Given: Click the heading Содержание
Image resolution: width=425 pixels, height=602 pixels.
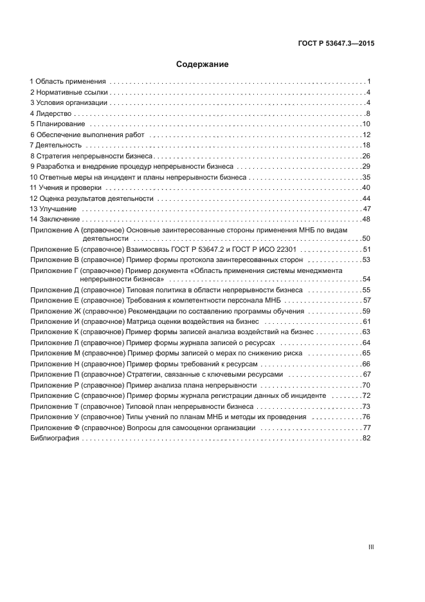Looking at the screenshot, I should (x=203, y=65).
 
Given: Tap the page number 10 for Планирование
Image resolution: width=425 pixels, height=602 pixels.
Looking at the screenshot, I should (x=366, y=124).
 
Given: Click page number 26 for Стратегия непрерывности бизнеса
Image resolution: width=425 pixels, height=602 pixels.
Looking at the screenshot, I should (x=366, y=156).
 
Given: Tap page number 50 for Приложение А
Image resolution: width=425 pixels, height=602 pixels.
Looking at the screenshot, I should (x=366, y=238).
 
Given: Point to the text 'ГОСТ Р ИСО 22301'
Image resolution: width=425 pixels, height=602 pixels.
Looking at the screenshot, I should (x=265, y=249).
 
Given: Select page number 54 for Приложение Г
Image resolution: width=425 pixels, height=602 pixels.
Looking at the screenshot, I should (x=366, y=279).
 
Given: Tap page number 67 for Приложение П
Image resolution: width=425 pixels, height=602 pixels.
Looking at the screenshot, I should (x=366, y=374).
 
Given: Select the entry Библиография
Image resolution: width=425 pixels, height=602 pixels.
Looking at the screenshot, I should (x=55, y=438).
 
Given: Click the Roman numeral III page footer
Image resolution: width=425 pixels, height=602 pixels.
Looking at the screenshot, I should (x=370, y=547).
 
